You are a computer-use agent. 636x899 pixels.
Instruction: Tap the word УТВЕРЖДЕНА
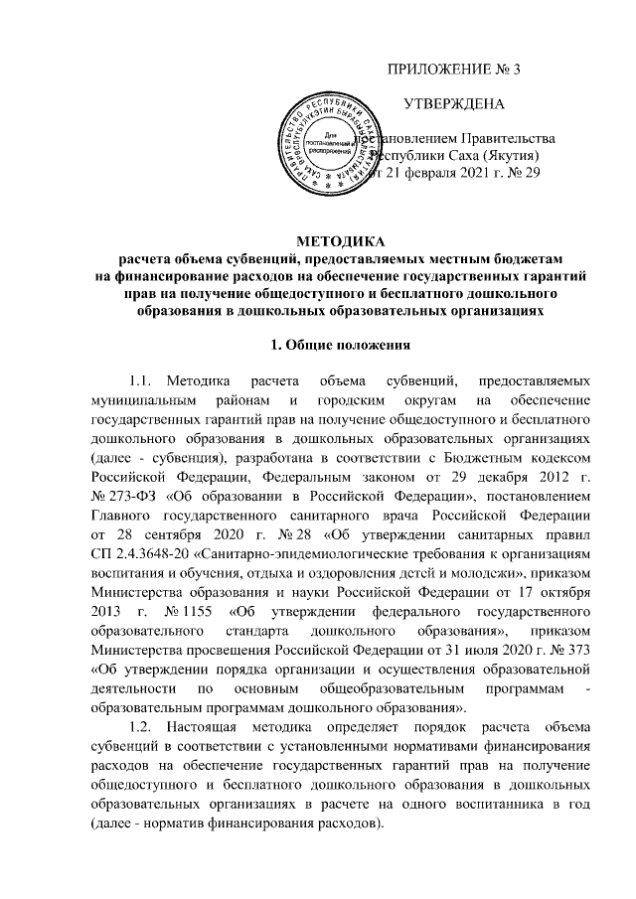point(454,103)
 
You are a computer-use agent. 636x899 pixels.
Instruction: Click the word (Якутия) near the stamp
point(506,156)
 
